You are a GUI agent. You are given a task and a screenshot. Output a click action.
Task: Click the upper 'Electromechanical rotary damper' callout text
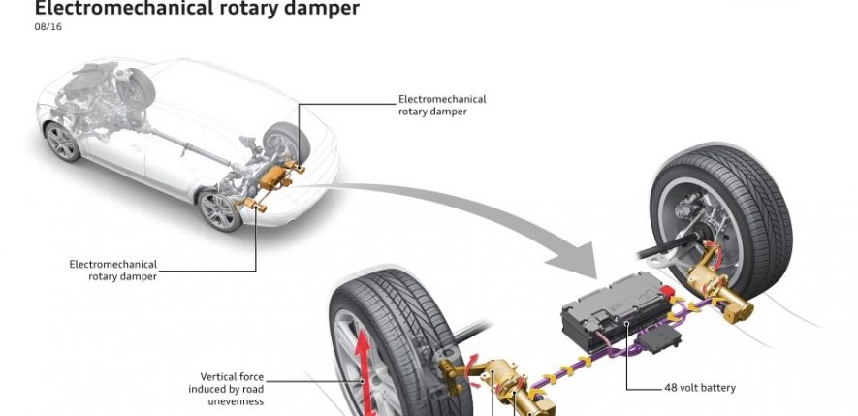tap(442, 105)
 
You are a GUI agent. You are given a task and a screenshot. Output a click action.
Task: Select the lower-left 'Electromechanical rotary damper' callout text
tap(113, 269)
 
